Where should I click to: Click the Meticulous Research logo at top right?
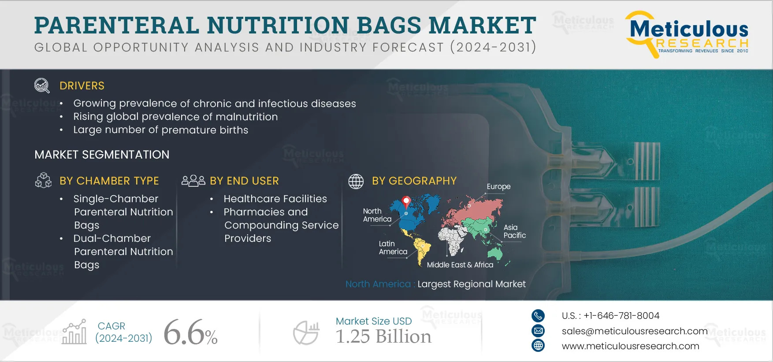[x=687, y=34]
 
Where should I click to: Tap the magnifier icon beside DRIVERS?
[x=42, y=85]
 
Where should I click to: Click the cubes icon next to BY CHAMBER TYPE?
[x=43, y=180]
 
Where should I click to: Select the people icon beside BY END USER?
[x=193, y=181]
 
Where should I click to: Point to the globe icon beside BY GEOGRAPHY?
[x=356, y=181]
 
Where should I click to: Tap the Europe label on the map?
[x=498, y=186]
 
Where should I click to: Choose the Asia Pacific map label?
[x=515, y=231]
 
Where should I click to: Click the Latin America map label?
[x=393, y=247]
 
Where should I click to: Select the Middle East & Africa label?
[x=460, y=265]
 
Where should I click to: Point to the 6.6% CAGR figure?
[x=190, y=332]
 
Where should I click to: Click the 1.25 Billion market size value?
[x=383, y=336]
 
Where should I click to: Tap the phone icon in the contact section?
[x=538, y=315]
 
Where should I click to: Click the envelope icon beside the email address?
[x=538, y=331]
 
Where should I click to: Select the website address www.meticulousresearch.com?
[x=630, y=346]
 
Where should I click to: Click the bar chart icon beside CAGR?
[x=74, y=332]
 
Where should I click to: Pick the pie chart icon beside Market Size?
[x=306, y=332]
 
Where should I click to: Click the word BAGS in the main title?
[x=389, y=25]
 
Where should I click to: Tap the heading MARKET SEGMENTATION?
[x=102, y=155]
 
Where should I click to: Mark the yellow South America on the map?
[x=421, y=250]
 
